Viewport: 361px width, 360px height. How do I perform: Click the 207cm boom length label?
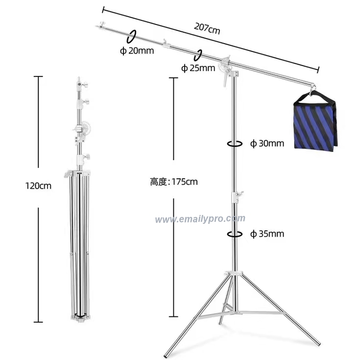[x=207, y=28]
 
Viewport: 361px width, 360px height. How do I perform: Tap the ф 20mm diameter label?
[x=137, y=50]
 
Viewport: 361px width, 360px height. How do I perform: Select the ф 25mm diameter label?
[x=198, y=69]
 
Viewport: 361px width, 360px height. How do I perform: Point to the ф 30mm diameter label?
[x=267, y=144]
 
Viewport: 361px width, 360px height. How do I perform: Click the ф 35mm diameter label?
[x=267, y=234]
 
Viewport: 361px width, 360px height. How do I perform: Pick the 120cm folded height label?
[x=38, y=186]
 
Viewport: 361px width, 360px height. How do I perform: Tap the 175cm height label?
[x=174, y=182]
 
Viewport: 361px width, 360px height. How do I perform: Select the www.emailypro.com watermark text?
[x=200, y=219]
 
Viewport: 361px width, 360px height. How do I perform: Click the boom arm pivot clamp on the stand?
[x=227, y=65]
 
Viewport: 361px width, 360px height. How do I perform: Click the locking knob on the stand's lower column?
[x=239, y=196]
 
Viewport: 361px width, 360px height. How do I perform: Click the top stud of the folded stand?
[x=78, y=79]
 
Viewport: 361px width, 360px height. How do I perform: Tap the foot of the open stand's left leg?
[x=165, y=353]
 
